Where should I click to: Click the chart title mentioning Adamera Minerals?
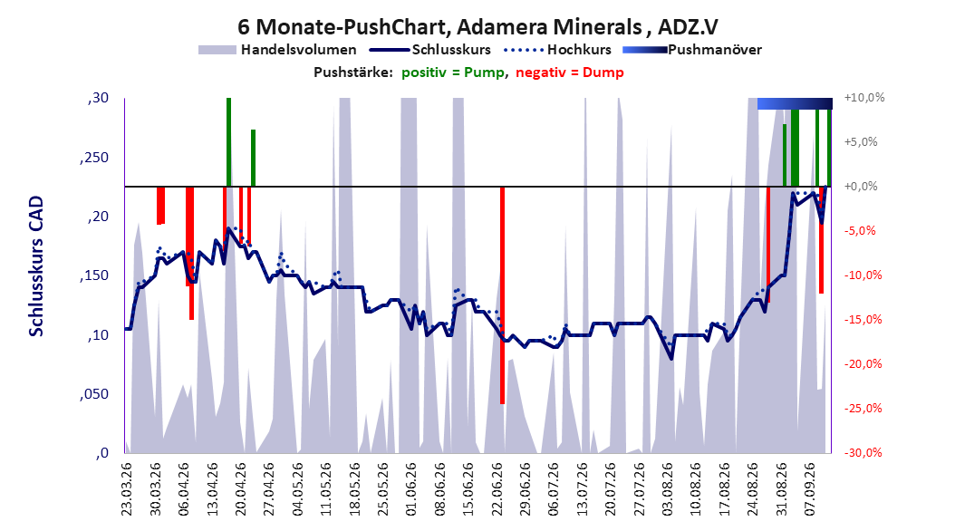coord(477,27)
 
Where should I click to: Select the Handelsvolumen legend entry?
coord(277,50)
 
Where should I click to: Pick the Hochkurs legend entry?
coord(558,50)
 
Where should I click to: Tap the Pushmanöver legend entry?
coord(692,50)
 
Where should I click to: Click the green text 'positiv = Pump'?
coord(453,72)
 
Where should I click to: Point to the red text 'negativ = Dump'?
coord(570,72)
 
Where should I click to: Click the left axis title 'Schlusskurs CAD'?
coord(36,266)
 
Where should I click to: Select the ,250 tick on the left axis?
coord(94,158)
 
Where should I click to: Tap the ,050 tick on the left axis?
coord(94,394)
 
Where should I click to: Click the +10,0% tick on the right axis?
coord(864,98)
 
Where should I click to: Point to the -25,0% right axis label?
coord(863,408)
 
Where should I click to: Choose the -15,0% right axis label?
coord(863,319)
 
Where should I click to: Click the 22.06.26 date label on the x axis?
coord(497,489)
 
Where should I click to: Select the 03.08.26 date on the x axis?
coord(668,489)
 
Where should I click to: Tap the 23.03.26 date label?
coord(127,489)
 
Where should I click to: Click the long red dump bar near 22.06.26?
coord(503,295)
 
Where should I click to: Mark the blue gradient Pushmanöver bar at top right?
coord(795,103)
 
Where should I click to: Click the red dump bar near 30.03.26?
coord(160,206)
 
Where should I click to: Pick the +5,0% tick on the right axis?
coord(861,142)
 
